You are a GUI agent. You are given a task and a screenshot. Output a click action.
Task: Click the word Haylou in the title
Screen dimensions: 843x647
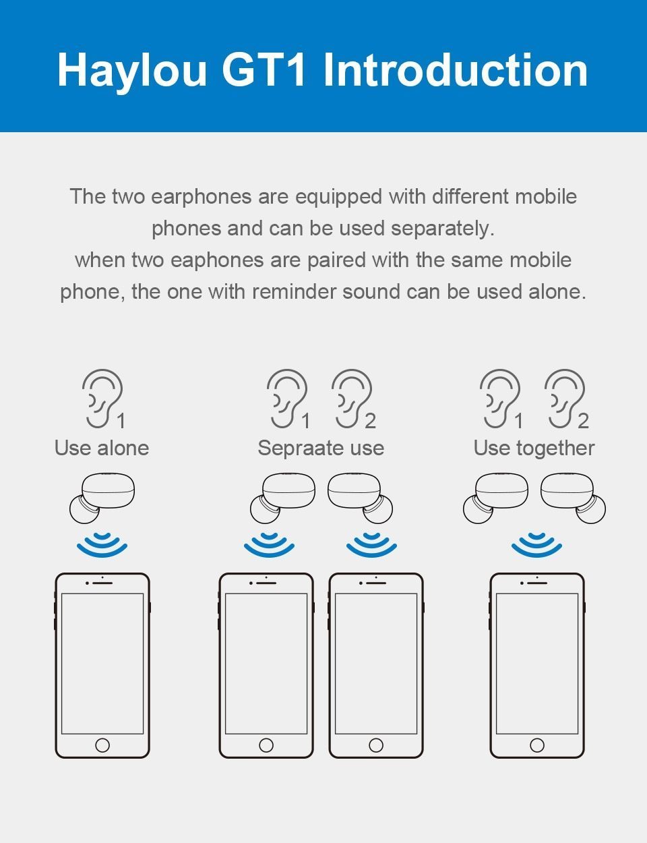[x=132, y=70]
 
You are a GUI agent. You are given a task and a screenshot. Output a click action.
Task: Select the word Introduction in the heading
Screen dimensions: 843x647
[x=456, y=70]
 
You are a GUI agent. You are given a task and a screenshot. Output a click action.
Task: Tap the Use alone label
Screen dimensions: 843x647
[x=102, y=448]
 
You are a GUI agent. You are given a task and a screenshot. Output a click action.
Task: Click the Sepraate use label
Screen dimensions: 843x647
[x=321, y=448]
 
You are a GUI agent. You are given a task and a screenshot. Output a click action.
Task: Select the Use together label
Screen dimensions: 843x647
[x=534, y=448]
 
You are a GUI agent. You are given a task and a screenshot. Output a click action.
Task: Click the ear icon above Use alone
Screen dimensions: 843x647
[x=102, y=398]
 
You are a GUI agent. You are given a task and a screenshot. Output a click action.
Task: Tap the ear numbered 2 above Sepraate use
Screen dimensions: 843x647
[x=351, y=398]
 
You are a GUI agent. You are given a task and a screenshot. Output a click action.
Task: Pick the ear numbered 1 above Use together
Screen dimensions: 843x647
[x=499, y=398]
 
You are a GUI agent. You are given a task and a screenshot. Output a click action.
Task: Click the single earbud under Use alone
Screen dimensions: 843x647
[x=102, y=498]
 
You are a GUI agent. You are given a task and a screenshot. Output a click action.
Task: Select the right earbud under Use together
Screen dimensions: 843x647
[x=572, y=498]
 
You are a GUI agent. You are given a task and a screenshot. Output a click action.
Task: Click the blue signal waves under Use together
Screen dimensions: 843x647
[x=536, y=545]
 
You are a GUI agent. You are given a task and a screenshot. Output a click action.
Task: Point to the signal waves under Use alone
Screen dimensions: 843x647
[x=102, y=545]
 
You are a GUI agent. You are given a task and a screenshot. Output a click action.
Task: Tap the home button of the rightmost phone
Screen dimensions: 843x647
[x=537, y=745]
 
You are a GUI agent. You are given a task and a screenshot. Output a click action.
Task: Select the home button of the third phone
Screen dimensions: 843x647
[x=376, y=745]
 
